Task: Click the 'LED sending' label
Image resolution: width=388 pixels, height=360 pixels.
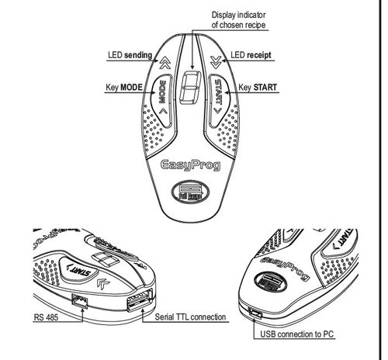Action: (130, 55)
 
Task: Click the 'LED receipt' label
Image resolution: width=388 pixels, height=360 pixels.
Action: (251, 55)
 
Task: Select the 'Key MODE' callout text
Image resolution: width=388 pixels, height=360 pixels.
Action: (124, 88)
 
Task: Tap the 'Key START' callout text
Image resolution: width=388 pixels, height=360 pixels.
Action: (258, 88)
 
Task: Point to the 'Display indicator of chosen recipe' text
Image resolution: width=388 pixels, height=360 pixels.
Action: (238, 20)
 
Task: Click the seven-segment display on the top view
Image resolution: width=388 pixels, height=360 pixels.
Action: (191, 88)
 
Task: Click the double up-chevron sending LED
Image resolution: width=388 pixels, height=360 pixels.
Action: (165, 63)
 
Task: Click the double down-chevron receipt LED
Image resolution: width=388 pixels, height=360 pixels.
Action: (216, 63)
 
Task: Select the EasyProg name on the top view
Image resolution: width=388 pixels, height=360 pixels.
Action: (191, 165)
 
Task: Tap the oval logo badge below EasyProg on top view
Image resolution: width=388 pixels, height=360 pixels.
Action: (190, 192)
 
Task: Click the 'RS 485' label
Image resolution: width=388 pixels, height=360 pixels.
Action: (46, 317)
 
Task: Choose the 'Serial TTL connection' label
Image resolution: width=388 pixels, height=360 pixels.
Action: (190, 317)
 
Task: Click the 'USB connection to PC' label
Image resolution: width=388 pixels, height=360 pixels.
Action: (297, 334)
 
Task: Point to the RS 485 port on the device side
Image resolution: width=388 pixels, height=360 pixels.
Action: (80, 301)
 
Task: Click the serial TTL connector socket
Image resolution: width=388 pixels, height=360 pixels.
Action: (140, 300)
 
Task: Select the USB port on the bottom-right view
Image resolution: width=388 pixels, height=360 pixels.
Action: (255, 313)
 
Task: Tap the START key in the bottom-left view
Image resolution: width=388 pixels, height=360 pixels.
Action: (78, 269)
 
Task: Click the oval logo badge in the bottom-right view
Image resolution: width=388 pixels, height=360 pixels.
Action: (271, 282)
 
